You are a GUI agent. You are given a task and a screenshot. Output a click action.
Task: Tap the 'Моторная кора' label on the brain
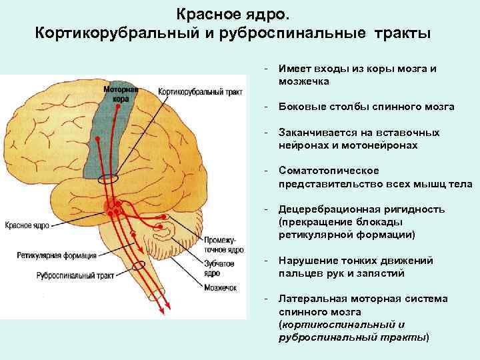point(121,93)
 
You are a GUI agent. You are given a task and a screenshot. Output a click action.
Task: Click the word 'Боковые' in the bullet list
point(300,107)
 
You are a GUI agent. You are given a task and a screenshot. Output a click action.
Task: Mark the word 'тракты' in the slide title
point(405,33)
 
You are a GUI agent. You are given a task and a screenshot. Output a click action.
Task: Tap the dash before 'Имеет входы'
point(265,69)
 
